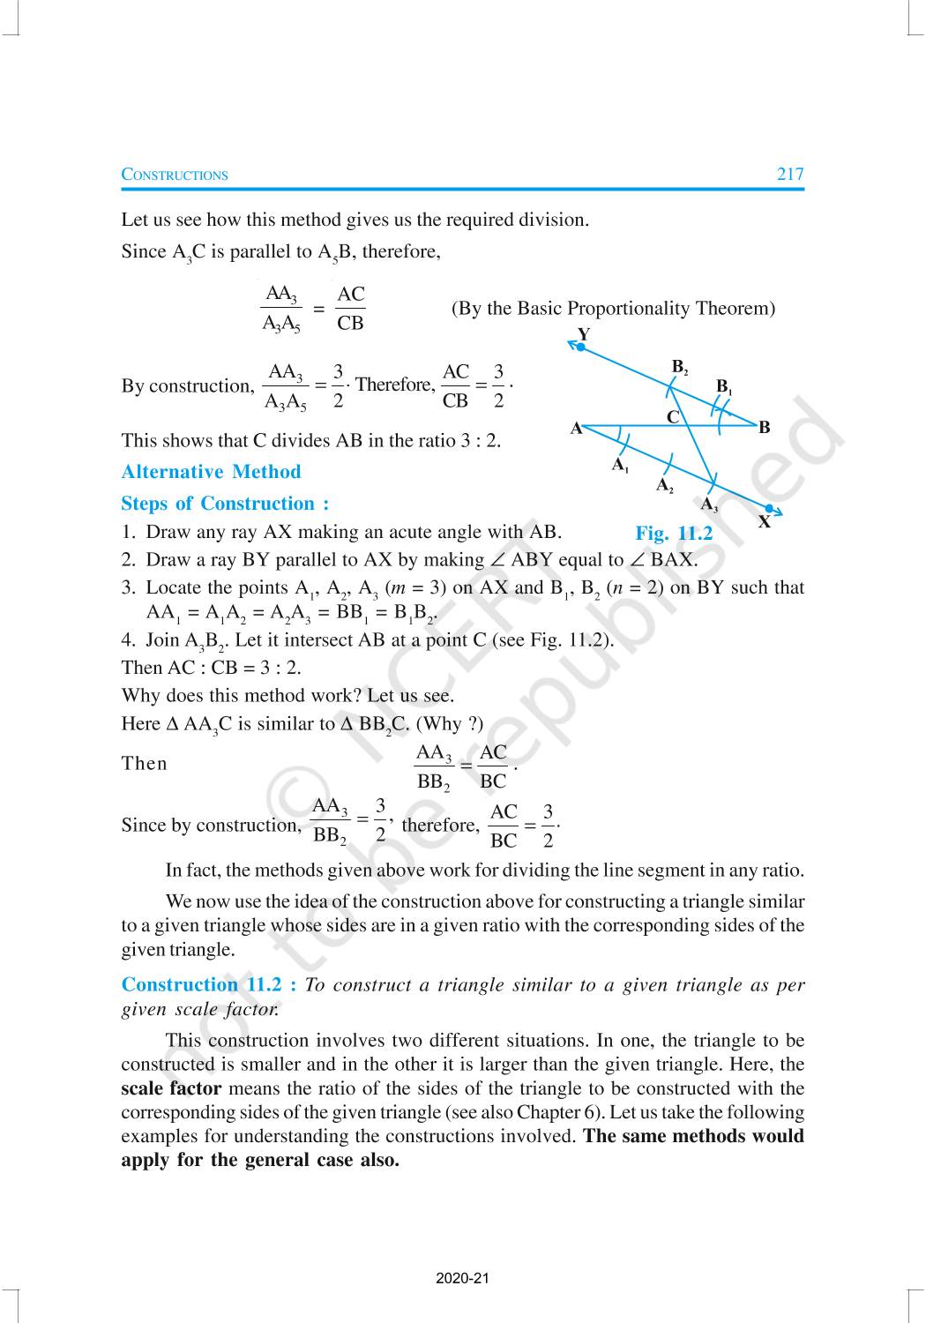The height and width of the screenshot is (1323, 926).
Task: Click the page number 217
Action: tap(789, 174)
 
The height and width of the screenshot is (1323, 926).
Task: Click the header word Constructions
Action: tap(175, 175)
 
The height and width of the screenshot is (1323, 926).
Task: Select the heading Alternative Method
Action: tap(211, 472)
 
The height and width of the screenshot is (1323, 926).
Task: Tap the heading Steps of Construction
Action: tap(225, 504)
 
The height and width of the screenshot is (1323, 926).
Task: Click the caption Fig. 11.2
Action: tap(674, 534)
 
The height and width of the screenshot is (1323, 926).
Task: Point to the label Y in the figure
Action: tap(583, 334)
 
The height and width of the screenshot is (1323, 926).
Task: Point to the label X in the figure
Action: tap(764, 522)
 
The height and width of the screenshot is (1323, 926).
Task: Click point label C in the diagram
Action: tap(673, 417)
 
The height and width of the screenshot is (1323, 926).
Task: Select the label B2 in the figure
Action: tap(680, 367)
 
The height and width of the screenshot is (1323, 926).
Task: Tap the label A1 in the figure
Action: tap(620, 464)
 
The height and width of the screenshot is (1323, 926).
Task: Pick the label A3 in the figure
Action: tap(708, 505)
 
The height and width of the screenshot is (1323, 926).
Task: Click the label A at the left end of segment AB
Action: tap(577, 429)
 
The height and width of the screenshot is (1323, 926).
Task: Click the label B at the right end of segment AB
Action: tap(764, 428)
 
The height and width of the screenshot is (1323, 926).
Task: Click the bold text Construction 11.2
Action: tap(208, 984)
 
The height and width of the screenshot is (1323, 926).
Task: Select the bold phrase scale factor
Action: tap(171, 1088)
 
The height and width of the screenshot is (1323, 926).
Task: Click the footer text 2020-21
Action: tap(462, 1278)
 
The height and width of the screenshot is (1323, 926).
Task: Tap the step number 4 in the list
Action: tap(127, 640)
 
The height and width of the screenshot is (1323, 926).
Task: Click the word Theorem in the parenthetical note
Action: tap(736, 309)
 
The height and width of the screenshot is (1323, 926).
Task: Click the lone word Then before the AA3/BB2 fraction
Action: tap(145, 764)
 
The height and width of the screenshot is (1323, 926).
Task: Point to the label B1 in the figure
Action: tap(724, 386)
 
